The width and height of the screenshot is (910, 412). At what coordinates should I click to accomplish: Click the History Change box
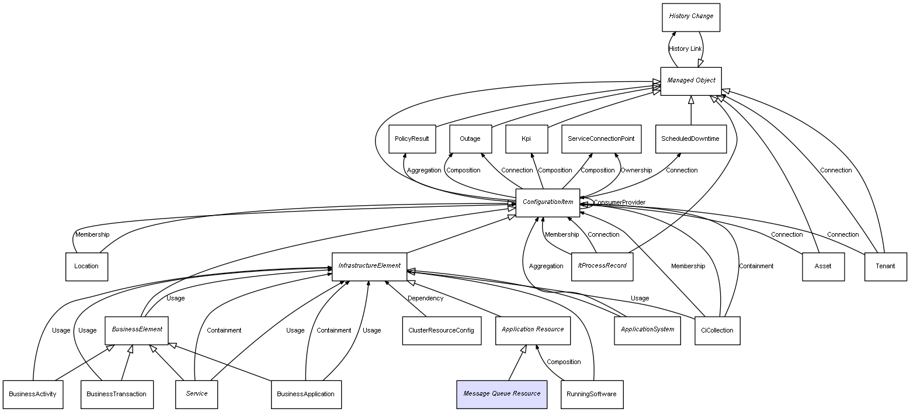point(690,17)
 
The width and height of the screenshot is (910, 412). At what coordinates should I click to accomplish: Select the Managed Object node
point(690,81)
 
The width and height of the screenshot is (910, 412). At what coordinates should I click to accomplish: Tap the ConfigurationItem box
point(547,202)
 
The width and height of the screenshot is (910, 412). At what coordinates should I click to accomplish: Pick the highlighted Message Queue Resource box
point(502,394)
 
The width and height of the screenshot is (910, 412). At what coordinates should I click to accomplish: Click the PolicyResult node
point(411,139)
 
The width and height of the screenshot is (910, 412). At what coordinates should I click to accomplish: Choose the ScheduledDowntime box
point(690,139)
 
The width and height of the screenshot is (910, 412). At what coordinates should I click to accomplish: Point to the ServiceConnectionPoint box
point(601,139)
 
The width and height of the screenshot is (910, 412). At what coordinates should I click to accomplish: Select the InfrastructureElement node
point(369,266)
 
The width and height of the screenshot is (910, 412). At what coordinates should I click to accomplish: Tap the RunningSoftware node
point(591,394)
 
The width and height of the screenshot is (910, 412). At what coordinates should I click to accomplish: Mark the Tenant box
point(885,266)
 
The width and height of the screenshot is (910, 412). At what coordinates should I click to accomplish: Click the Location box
point(86,266)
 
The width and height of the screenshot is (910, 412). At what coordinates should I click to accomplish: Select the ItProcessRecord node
point(602,266)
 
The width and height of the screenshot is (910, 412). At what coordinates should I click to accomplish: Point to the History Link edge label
point(685,49)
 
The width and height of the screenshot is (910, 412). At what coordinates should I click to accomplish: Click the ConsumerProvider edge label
point(619,203)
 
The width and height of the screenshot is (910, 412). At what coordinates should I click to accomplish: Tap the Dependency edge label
point(425,299)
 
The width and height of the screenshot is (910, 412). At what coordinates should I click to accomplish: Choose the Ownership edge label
point(635,171)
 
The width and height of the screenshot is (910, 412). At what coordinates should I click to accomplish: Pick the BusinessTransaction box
point(116,394)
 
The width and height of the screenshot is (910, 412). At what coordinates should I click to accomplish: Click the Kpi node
point(526,139)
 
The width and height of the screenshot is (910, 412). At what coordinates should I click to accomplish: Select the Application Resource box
point(533,330)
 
